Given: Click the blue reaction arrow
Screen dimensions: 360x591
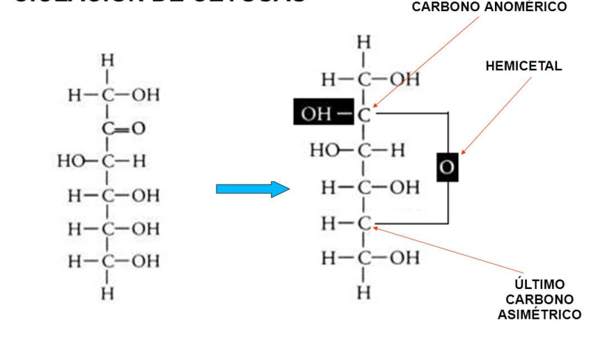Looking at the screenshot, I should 252,189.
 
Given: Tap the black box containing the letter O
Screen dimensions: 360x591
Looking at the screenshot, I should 447,167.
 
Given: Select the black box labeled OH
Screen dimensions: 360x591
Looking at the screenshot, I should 324,114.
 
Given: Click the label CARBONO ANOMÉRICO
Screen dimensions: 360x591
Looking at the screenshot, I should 489,7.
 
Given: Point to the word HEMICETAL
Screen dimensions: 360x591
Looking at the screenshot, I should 524,66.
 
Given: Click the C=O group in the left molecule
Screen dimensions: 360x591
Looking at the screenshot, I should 123,129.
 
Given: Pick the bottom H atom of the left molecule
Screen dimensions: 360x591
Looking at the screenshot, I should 108,293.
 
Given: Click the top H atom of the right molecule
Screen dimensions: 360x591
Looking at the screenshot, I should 363,42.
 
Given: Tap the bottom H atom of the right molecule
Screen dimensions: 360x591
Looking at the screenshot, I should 363,292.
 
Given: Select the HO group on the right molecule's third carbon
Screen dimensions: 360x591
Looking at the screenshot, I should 324,151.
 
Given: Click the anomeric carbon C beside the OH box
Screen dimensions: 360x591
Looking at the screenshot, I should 363,115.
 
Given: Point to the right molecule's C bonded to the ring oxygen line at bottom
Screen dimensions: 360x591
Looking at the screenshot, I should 363,223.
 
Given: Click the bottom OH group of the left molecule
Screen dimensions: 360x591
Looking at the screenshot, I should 145,261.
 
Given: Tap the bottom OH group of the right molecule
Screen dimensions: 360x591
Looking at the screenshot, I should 403,257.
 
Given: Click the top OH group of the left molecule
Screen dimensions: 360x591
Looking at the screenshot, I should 145,95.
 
